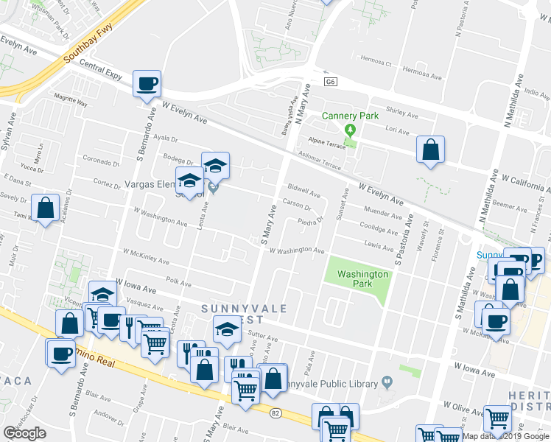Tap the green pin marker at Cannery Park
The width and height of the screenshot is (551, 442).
point(351,130)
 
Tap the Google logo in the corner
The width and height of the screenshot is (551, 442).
point(24,433)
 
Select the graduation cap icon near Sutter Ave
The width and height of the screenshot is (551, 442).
point(227,329)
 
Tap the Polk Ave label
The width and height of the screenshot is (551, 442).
point(179,281)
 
